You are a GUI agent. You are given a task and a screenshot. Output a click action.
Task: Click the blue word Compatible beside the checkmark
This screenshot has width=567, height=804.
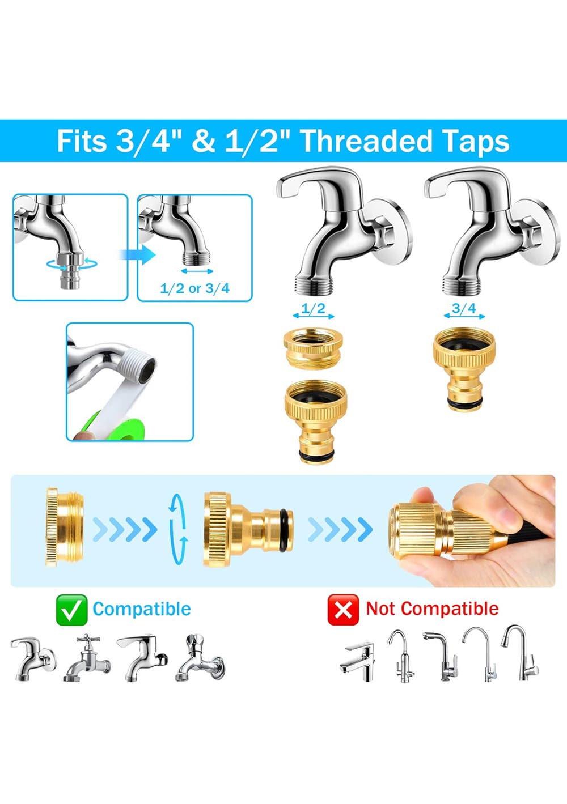click(142, 609)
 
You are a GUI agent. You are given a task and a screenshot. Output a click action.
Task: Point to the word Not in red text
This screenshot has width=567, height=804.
click(382, 609)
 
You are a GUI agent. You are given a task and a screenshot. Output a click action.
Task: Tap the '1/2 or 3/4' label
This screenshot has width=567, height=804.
click(194, 288)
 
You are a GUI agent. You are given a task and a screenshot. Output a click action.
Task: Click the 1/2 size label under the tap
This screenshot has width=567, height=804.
click(313, 308)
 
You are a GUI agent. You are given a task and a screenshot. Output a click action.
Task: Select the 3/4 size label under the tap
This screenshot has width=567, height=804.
click(464, 308)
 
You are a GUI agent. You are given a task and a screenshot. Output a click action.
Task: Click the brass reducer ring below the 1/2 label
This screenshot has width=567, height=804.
click(313, 347)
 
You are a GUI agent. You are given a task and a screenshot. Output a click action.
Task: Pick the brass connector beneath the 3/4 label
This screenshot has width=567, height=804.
click(464, 369)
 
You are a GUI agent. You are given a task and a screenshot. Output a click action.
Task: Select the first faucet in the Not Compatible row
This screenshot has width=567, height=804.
click(358, 662)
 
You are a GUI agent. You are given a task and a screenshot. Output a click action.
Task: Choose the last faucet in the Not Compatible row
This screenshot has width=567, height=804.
click(519, 653)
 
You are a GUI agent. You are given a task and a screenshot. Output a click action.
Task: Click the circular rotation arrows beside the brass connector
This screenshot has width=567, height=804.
click(179, 529)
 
